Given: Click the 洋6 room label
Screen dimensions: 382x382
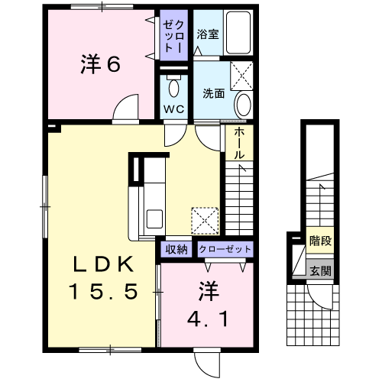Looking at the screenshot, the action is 101,64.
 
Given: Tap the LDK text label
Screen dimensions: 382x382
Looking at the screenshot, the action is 104,264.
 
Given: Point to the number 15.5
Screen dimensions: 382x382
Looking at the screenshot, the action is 104,291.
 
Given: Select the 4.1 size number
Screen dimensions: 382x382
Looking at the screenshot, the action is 208,319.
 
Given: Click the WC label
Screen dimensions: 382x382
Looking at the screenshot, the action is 174,109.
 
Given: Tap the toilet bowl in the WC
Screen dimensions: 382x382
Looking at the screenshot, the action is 174,88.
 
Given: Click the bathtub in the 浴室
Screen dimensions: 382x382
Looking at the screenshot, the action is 238,32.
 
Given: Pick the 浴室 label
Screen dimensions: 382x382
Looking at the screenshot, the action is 208,34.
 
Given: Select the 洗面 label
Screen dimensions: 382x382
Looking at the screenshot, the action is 214,94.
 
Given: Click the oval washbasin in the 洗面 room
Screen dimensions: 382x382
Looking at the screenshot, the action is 244,105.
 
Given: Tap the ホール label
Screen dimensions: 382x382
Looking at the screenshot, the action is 239,144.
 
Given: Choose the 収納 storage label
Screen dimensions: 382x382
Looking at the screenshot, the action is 176,249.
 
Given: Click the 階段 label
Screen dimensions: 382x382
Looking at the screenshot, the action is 320,241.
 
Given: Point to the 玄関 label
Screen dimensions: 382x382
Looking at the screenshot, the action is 320,270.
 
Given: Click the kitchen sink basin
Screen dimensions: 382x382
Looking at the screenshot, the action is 154,219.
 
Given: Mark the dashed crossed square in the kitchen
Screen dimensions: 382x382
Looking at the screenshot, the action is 205,221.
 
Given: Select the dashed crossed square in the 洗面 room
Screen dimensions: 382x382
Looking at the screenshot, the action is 241,76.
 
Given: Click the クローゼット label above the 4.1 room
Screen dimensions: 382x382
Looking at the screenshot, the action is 225,249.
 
